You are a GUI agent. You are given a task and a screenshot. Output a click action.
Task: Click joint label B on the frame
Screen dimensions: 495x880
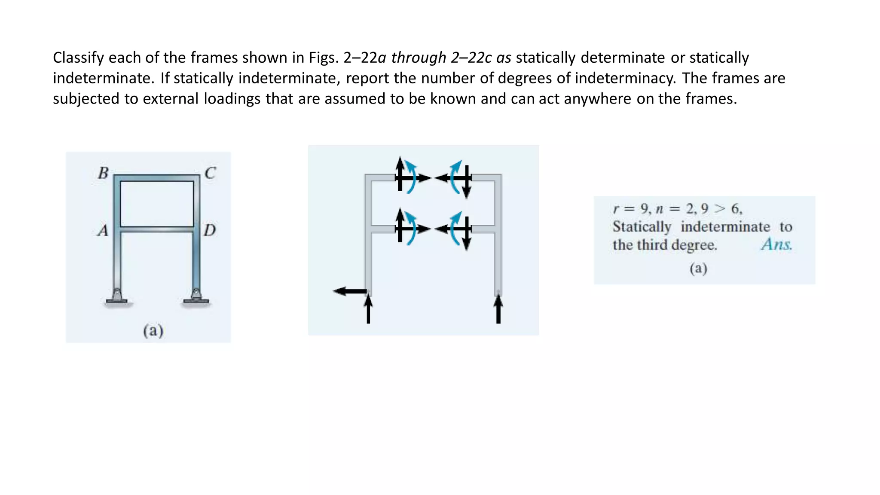pyautogui.click(x=103, y=173)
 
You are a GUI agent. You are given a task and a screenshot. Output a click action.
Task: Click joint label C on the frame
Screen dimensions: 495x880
pyautogui.click(x=210, y=173)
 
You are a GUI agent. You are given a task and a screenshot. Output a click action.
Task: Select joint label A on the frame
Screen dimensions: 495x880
pyautogui.click(x=103, y=231)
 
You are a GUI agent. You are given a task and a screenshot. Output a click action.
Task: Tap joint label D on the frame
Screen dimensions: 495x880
pyautogui.click(x=210, y=230)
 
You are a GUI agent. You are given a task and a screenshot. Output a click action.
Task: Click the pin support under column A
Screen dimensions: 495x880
pyautogui.click(x=116, y=296)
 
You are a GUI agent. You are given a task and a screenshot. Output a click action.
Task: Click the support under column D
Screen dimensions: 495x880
pyautogui.click(x=196, y=296)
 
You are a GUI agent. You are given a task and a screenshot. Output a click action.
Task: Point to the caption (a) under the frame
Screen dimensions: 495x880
pyautogui.click(x=153, y=330)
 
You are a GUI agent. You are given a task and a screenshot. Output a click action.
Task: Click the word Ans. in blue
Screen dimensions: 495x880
pyautogui.click(x=776, y=244)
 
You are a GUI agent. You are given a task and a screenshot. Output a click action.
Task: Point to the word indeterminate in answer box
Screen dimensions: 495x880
pyautogui.click(x=725, y=226)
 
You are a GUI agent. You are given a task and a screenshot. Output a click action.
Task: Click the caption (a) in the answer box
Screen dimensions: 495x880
pyautogui.click(x=698, y=268)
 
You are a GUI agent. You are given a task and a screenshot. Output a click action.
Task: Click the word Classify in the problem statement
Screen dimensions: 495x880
pyautogui.click(x=78, y=58)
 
